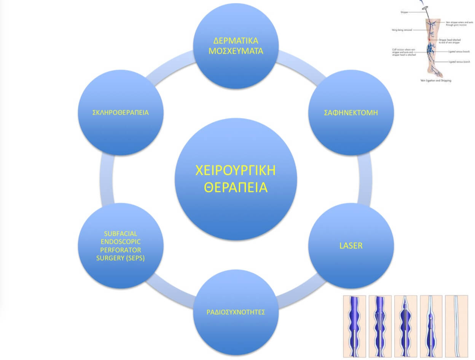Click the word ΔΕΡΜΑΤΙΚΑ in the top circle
(236, 40)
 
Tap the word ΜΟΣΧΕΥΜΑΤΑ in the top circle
(236, 51)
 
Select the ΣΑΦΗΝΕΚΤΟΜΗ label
(350, 113)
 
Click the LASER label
(351, 245)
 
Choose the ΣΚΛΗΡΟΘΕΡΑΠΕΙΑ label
(120, 113)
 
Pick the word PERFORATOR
(120, 250)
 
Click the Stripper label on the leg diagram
(405, 12)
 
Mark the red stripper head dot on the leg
(429, 39)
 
